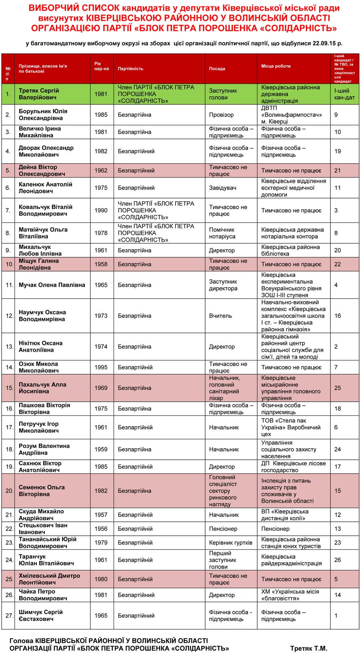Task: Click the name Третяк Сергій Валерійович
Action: (38, 94)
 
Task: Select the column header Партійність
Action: (130, 69)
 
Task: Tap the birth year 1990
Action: (101, 210)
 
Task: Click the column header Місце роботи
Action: (276, 66)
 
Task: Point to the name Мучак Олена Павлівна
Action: (52, 285)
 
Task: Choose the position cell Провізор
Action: (221, 115)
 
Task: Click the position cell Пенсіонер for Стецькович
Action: (223, 529)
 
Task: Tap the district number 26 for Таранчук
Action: (337, 560)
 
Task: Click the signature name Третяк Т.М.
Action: (308, 648)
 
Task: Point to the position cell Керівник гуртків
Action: (230, 543)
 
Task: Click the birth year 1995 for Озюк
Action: (101, 367)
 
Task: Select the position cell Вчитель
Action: (220, 316)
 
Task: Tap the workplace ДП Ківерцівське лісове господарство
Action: (293, 467)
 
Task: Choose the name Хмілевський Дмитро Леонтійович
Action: (49, 579)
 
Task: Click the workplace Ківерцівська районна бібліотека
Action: (290, 250)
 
